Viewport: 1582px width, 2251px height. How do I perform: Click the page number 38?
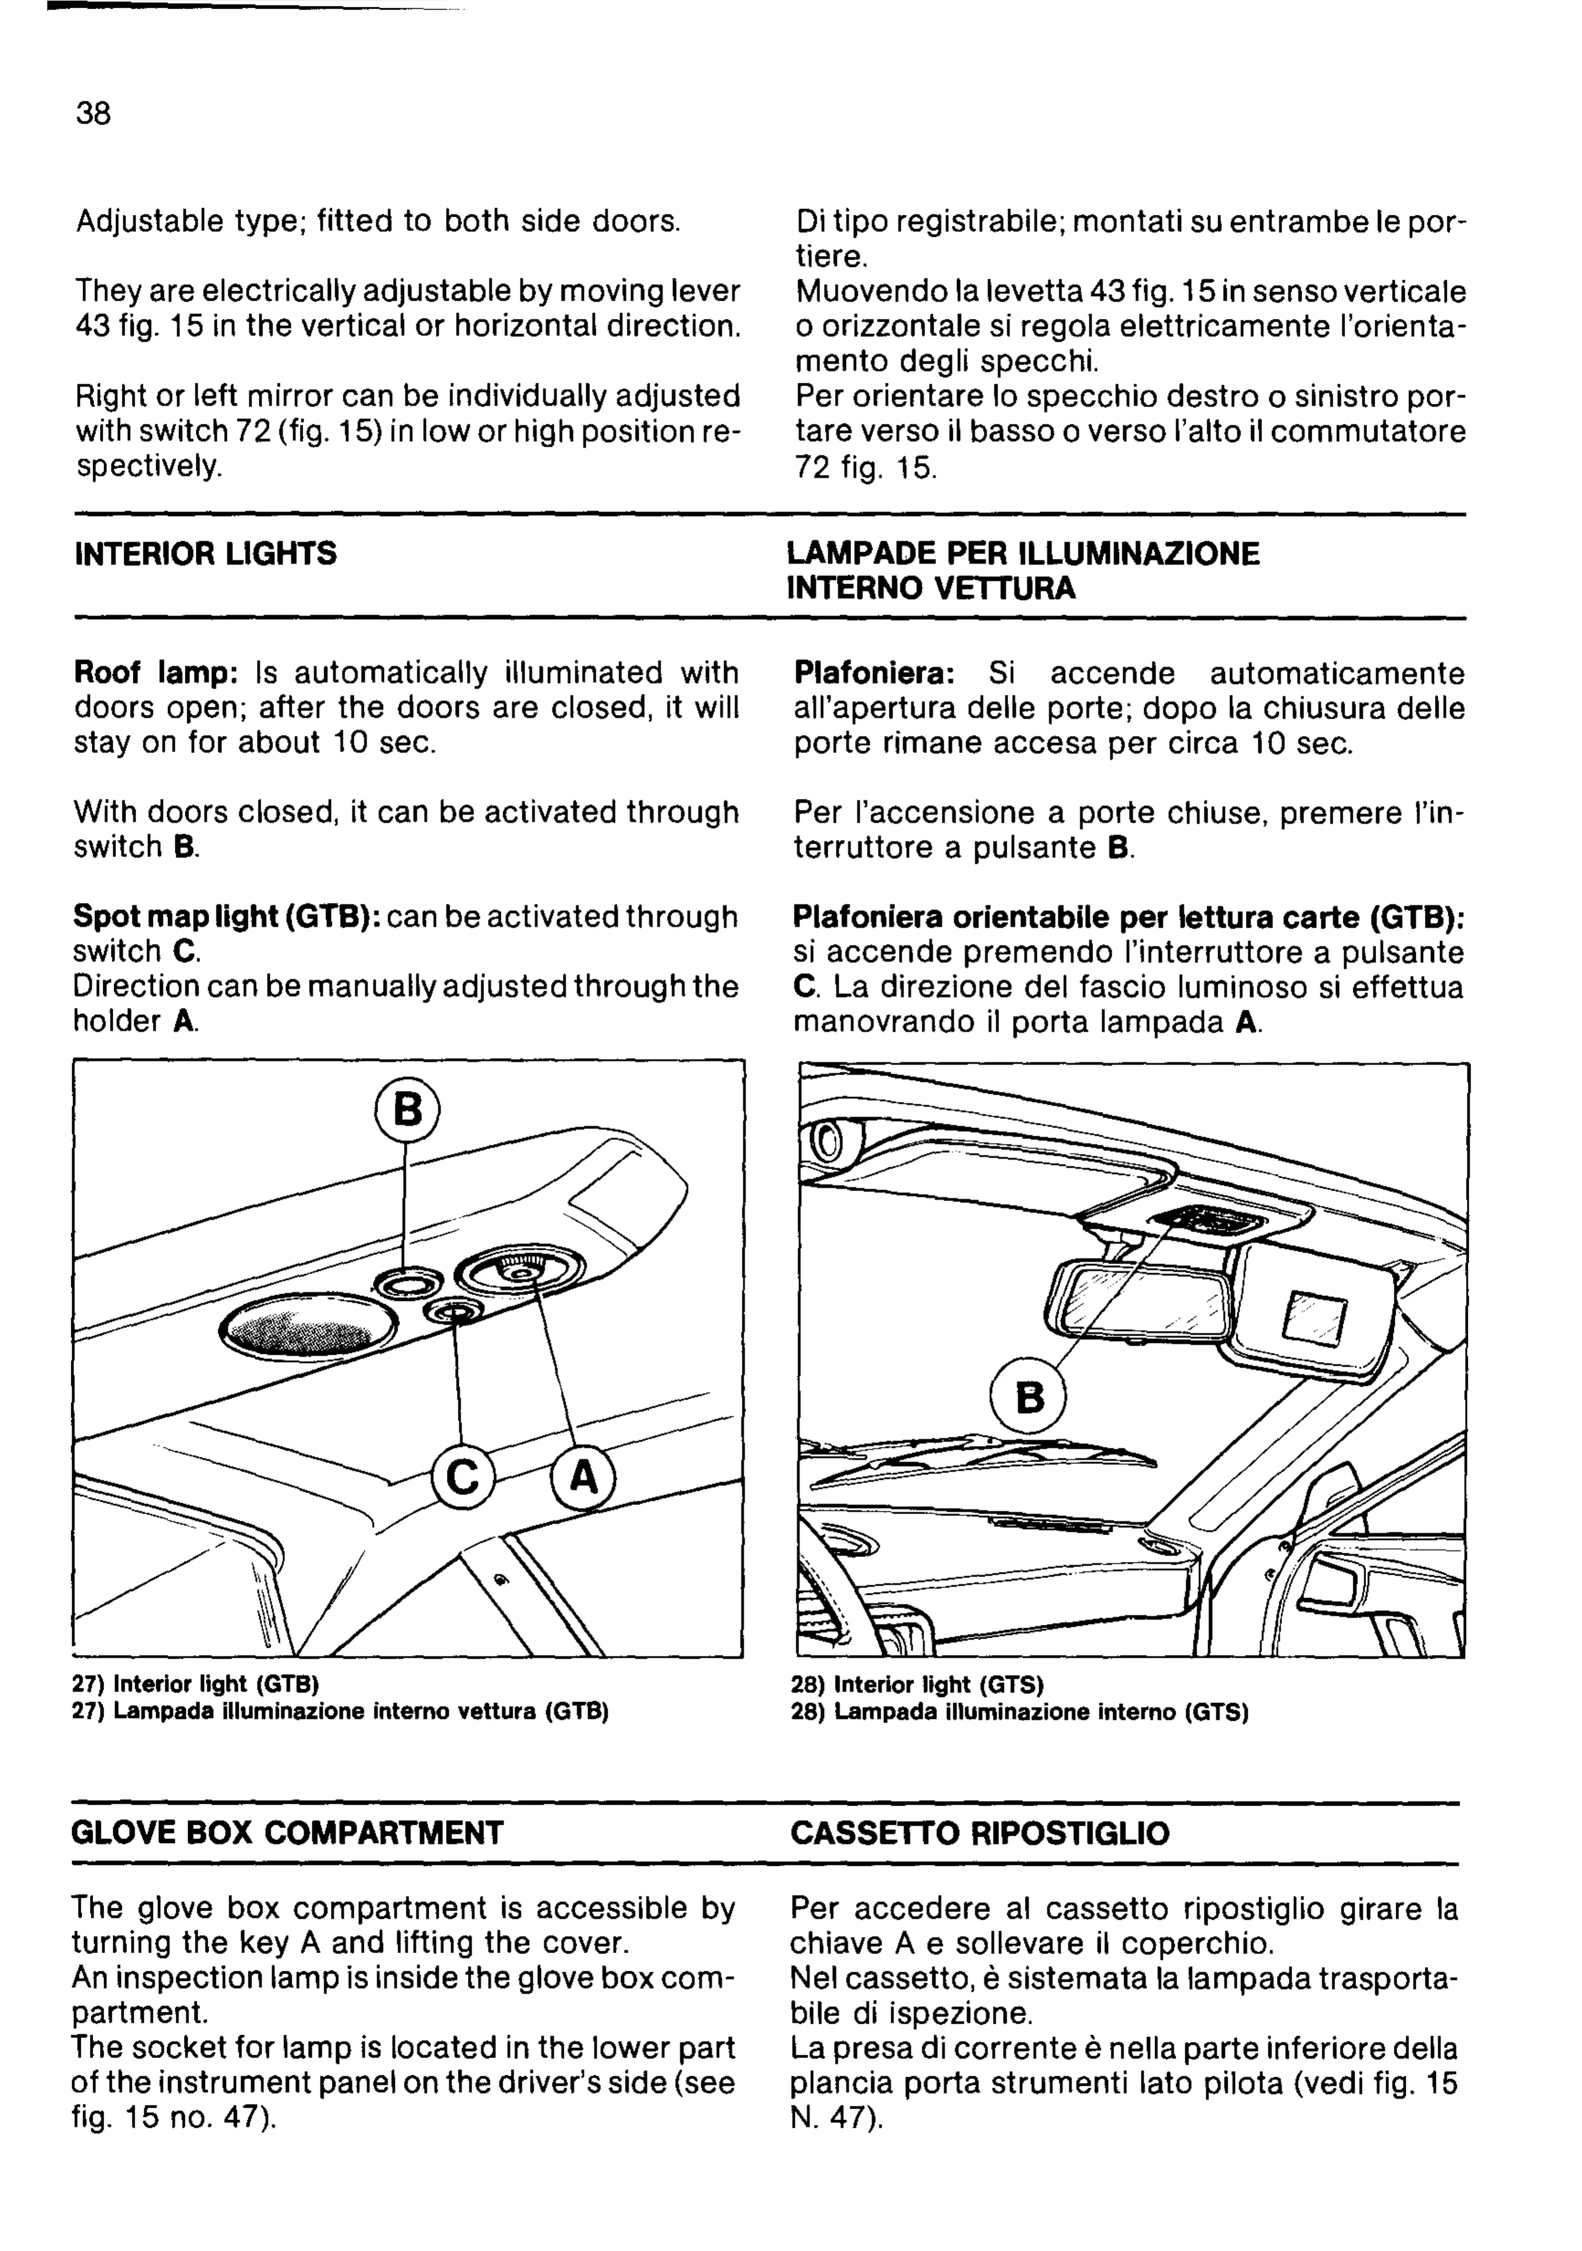tap(93, 114)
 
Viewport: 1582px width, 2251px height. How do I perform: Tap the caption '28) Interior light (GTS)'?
tap(917, 1684)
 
